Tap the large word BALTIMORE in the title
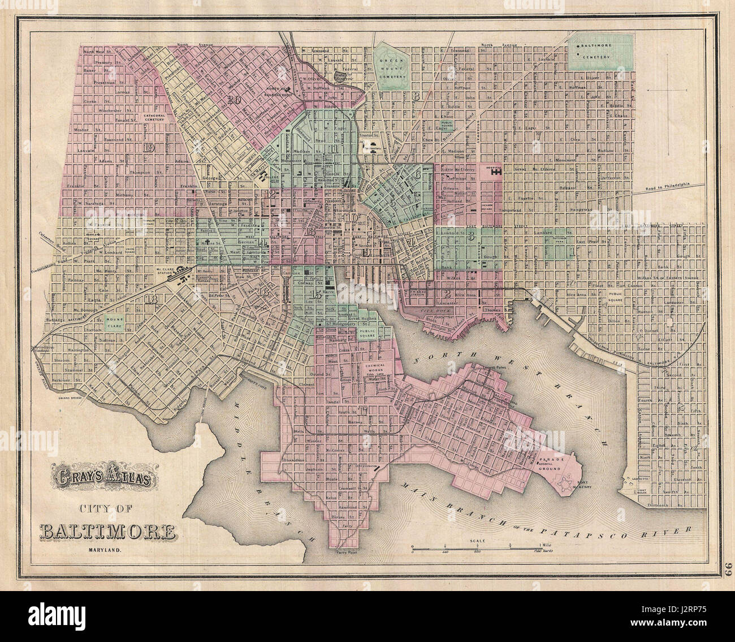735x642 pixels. coord(107,532)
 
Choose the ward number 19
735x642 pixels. coord(149,148)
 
